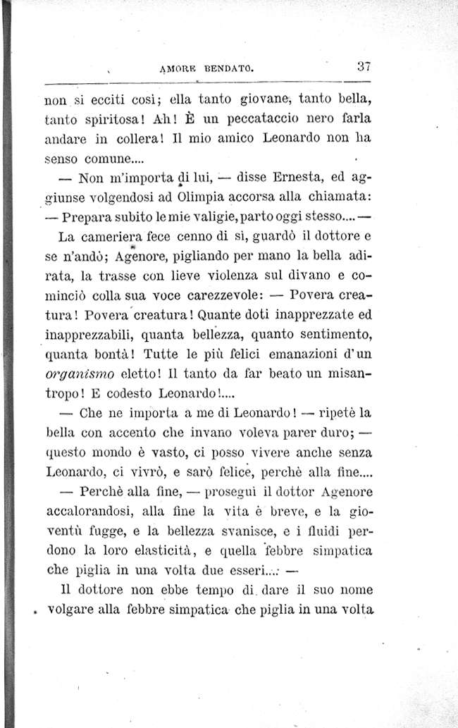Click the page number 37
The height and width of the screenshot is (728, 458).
click(364, 68)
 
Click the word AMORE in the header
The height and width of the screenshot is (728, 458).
click(179, 69)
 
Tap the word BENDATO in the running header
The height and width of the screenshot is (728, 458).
click(228, 69)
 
